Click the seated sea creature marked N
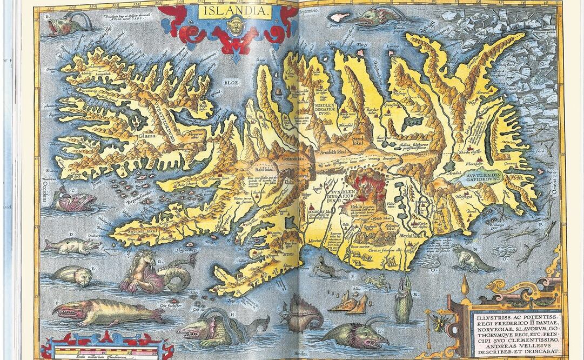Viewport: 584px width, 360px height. (x=470, y=258)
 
